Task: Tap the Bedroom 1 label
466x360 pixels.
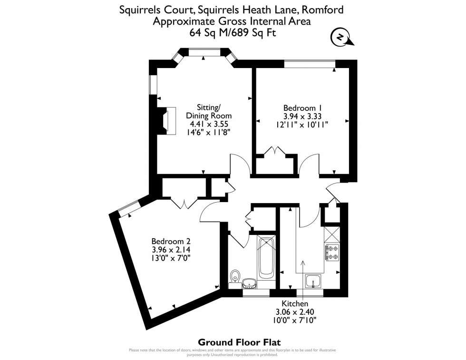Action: pos(302,107)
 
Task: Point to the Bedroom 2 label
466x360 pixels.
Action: pos(171,241)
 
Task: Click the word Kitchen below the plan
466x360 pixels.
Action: pos(295,303)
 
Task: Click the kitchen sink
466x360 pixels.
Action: pos(314,282)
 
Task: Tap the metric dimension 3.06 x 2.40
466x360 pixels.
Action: pos(295,311)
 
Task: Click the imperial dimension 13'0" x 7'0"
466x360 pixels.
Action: pos(171,258)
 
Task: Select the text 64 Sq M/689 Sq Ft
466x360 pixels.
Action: pos(233,33)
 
